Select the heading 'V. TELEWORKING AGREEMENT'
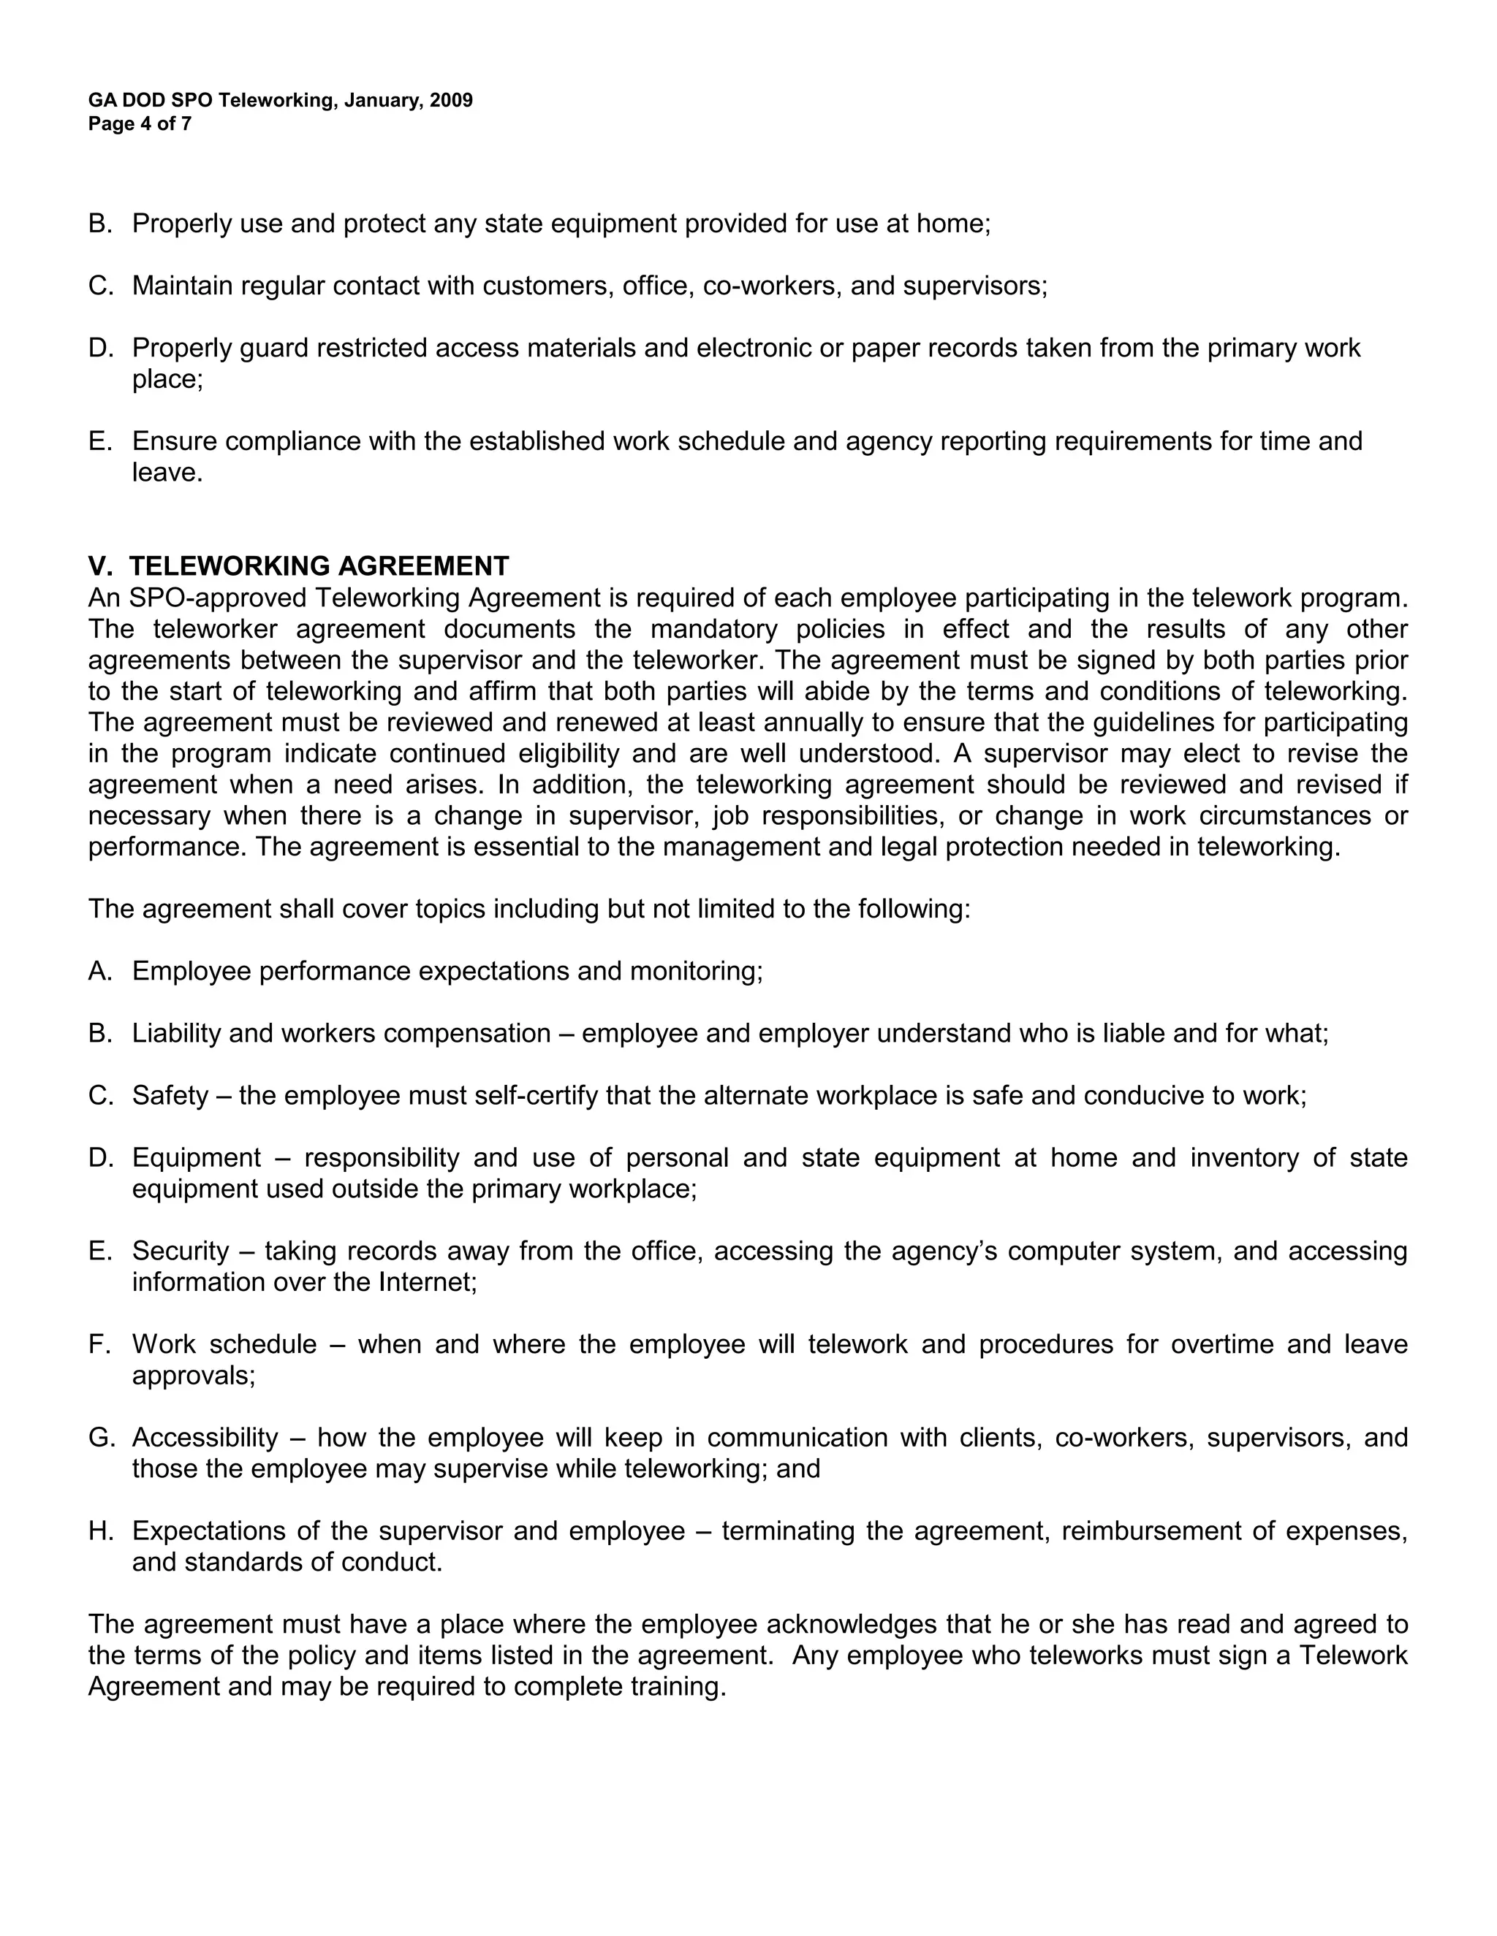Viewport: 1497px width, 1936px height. [x=299, y=565]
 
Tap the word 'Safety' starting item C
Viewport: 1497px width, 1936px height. [x=170, y=1095]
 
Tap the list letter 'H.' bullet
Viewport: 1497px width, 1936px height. [x=99, y=1530]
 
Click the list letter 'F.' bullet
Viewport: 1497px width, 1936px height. [x=99, y=1344]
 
